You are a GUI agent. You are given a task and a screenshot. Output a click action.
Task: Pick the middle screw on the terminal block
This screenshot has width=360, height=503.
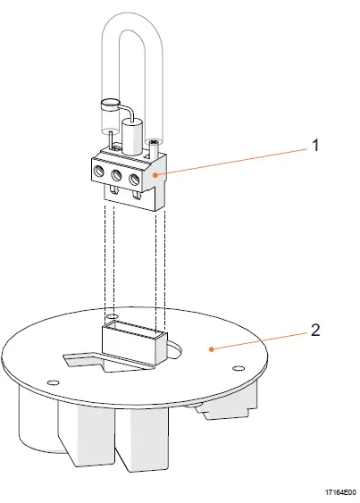coord(117,177)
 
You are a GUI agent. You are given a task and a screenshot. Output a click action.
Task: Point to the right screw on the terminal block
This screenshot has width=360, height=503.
coord(135,177)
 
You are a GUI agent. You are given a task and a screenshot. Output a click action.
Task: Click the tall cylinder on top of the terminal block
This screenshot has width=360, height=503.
coord(133,140)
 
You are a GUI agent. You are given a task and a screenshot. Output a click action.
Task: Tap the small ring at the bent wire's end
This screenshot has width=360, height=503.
coord(110,104)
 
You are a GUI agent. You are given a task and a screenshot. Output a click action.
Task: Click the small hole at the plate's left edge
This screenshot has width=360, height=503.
coord(54,381)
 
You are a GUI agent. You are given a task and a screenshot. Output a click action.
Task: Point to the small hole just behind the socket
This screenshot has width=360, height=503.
coord(111,316)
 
